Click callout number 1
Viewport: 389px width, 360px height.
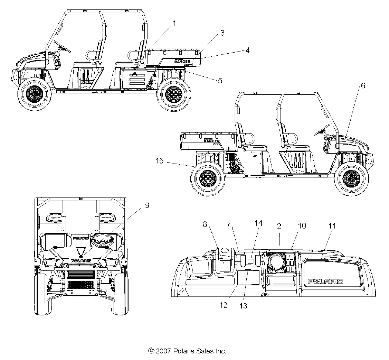click(x=174, y=24)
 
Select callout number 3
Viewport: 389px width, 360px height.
click(x=222, y=33)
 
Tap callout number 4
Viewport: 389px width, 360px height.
click(x=247, y=50)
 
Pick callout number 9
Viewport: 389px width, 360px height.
click(x=147, y=205)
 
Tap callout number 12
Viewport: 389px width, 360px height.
click(x=224, y=305)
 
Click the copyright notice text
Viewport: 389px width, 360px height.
click(x=187, y=351)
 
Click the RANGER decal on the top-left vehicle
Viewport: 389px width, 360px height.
click(x=180, y=61)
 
